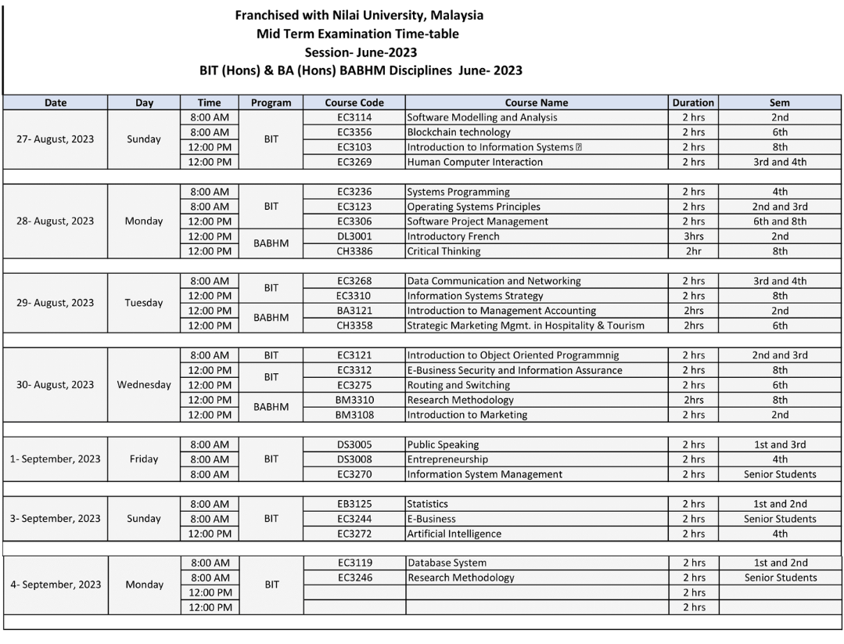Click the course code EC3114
(x=354, y=117)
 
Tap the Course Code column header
(x=354, y=103)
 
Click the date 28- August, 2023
(x=56, y=221)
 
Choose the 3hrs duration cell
(x=693, y=236)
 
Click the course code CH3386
(x=354, y=251)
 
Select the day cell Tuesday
(x=144, y=303)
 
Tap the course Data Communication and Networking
(x=494, y=281)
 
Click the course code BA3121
(x=354, y=311)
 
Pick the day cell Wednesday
(x=144, y=385)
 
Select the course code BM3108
(x=354, y=415)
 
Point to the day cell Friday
(x=144, y=459)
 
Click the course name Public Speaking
(x=443, y=444)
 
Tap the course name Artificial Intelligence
(x=454, y=534)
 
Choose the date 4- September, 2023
(x=56, y=585)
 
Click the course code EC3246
(x=354, y=577)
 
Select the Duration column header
(x=693, y=103)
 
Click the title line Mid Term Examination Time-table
(x=357, y=34)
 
